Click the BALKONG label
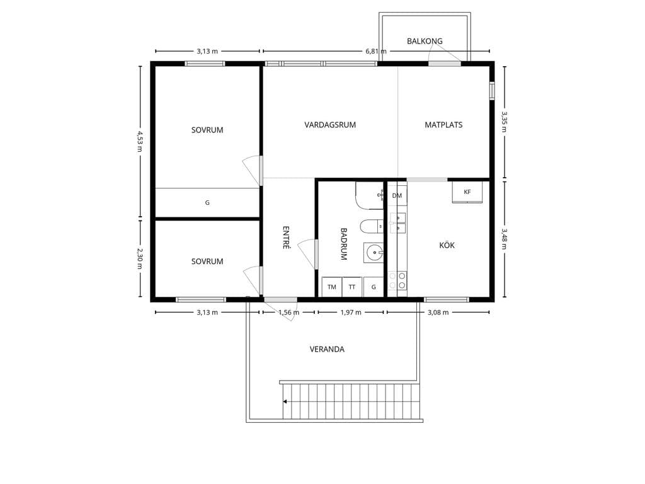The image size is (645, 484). [x=425, y=41]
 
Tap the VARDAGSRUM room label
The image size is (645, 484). [x=330, y=125]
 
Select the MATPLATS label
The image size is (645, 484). [x=443, y=125]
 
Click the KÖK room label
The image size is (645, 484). [x=447, y=245]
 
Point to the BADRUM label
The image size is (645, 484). [x=344, y=244]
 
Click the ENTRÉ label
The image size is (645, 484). [x=287, y=238]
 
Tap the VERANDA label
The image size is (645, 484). [x=327, y=349]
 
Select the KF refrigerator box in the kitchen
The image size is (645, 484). [x=467, y=192]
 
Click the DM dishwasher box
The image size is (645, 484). [x=397, y=195]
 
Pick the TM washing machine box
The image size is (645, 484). [x=331, y=287]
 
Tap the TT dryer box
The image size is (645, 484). [x=351, y=287]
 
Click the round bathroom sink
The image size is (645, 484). [x=374, y=253]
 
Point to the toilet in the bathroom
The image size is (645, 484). [x=372, y=226]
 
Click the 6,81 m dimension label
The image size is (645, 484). [x=376, y=52]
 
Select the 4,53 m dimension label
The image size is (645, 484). [x=140, y=141]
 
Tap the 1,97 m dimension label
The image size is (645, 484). [x=351, y=313]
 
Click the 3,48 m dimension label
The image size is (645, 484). [x=505, y=239]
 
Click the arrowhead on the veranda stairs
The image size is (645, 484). [x=285, y=401]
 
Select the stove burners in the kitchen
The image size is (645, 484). [x=397, y=280]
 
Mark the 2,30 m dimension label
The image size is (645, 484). [x=140, y=258]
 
